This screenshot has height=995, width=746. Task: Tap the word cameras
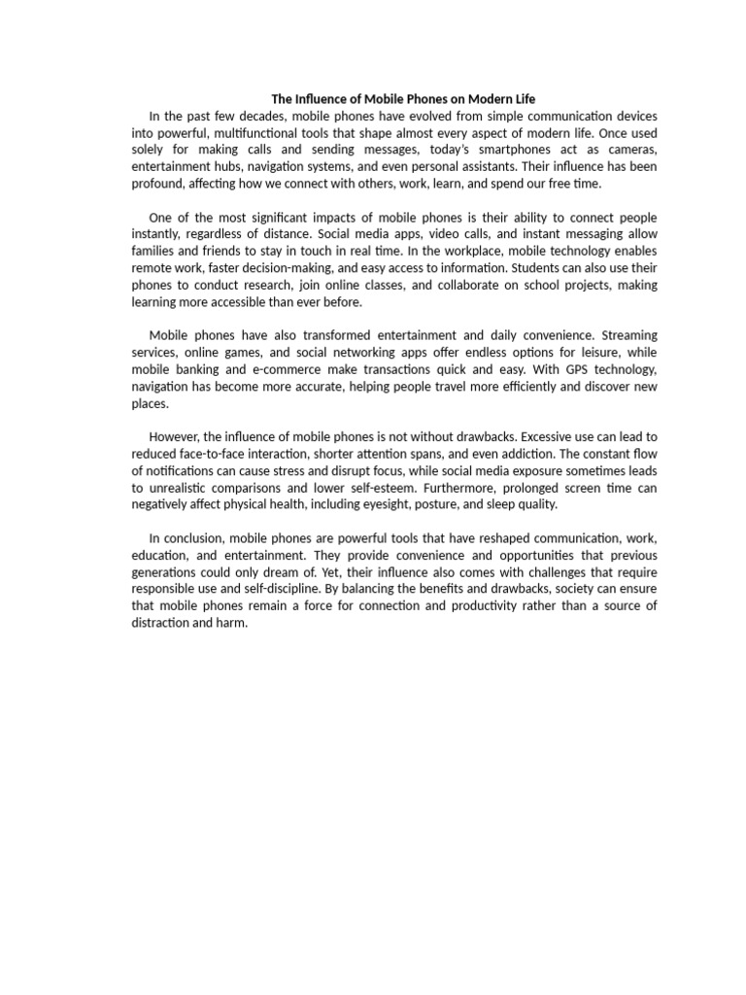pyautogui.click(x=634, y=149)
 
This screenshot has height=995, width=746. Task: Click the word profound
pyautogui.click(x=156, y=183)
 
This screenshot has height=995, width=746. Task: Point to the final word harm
pyautogui.click(x=232, y=623)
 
